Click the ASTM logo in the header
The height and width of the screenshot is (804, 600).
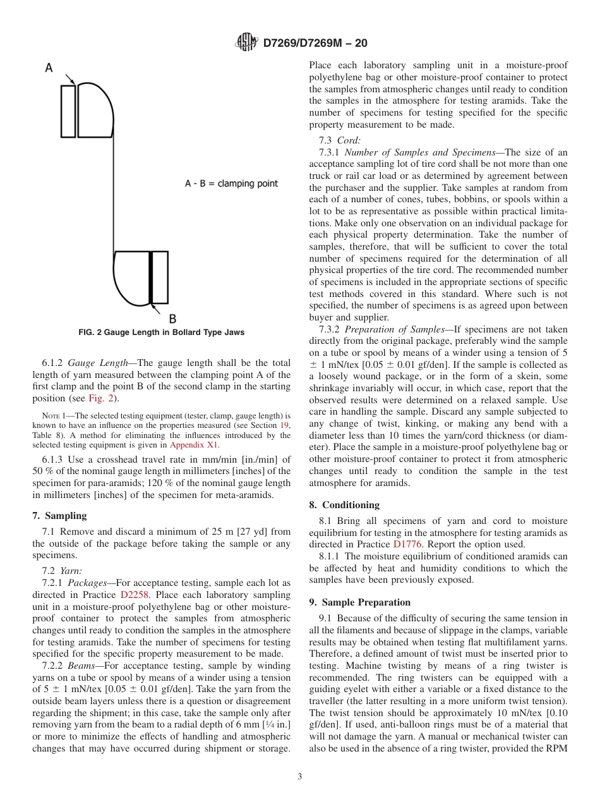[x=246, y=43]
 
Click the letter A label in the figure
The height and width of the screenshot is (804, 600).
[x=49, y=68]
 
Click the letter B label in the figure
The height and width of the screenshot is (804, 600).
[x=172, y=319]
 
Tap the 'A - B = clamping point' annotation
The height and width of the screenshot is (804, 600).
[x=231, y=183]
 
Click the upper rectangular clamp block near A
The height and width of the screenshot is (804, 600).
[x=68, y=111]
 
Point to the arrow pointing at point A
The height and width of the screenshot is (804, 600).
[x=69, y=79]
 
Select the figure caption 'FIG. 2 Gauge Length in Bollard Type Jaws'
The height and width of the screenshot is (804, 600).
[x=161, y=332]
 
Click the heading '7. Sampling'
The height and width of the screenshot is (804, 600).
[x=59, y=516]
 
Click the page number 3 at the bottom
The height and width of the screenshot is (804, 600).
[x=300, y=777]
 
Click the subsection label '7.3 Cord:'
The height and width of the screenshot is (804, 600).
[x=339, y=140]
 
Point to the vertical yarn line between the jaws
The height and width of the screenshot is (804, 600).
[x=114, y=190]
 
